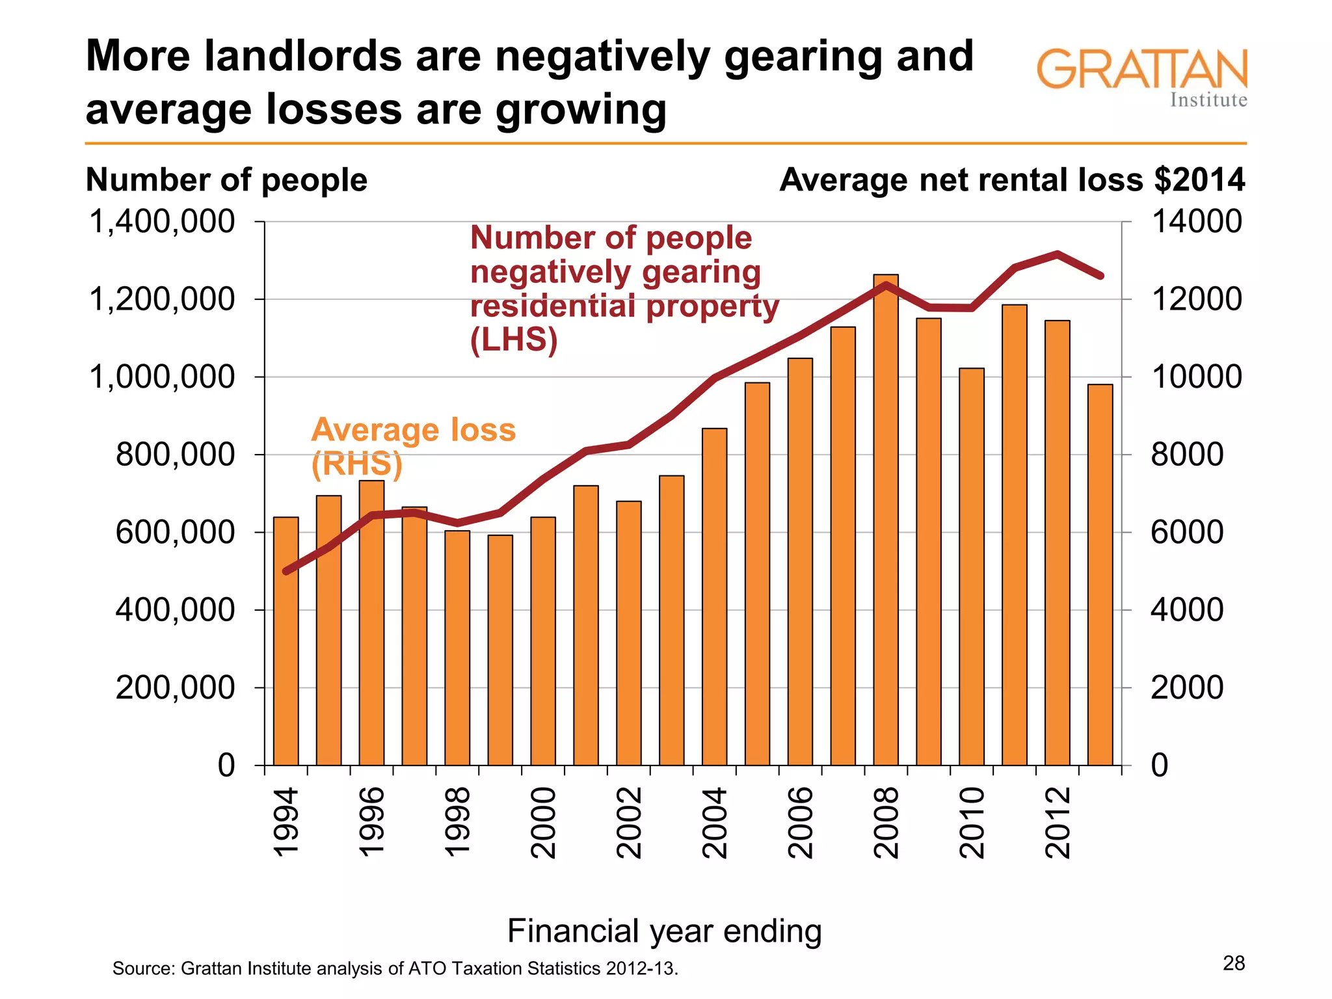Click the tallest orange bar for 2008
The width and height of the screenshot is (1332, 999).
886,520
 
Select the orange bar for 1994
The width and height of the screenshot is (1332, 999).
286,641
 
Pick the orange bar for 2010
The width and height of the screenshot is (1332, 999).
972,566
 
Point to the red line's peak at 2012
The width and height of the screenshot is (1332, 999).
1058,254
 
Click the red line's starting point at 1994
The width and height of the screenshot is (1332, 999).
286,571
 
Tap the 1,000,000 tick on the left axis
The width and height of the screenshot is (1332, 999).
162,377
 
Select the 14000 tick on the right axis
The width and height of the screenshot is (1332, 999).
1196,222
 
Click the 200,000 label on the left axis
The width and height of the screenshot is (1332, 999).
175,687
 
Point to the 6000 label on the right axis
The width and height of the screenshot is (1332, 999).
1186,533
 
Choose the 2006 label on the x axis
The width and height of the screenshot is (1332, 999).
801,823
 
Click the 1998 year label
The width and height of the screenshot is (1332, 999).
457,823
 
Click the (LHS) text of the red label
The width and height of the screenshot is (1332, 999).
514,340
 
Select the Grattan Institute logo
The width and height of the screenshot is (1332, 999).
1141,77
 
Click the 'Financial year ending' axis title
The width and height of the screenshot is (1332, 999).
664,931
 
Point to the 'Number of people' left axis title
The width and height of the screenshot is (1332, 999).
226,180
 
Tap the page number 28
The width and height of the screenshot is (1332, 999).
1233,963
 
